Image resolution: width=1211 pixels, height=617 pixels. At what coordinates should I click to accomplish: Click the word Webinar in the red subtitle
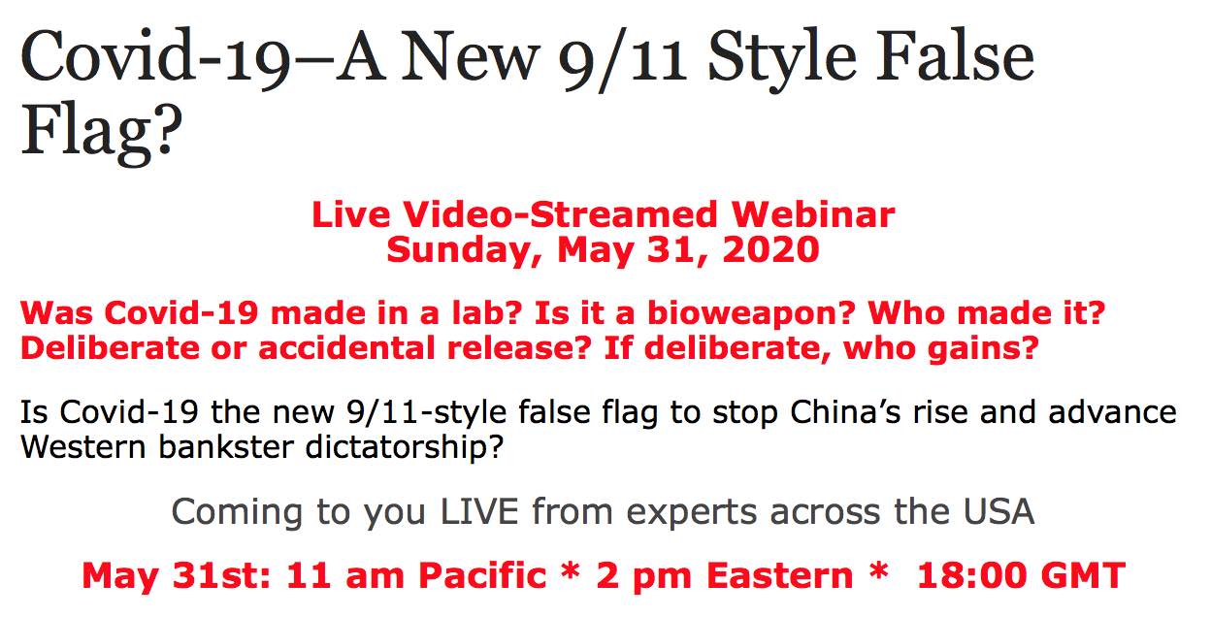(x=813, y=214)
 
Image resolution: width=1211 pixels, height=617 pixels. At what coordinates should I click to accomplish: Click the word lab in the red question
(x=486, y=312)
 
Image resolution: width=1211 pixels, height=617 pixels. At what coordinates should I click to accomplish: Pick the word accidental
(x=346, y=347)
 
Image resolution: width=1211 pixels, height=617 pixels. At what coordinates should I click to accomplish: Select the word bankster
(x=225, y=447)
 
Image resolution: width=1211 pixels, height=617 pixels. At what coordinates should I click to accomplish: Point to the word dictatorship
(x=404, y=448)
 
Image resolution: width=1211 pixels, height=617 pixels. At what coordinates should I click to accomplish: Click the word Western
(x=82, y=447)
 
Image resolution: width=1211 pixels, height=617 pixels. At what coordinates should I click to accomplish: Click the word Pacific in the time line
(x=482, y=575)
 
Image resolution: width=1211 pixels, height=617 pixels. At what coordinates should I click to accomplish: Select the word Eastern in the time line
(x=779, y=575)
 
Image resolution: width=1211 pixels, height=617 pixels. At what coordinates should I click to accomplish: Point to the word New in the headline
(x=470, y=56)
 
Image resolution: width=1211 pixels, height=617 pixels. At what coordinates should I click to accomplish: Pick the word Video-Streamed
(x=560, y=214)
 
